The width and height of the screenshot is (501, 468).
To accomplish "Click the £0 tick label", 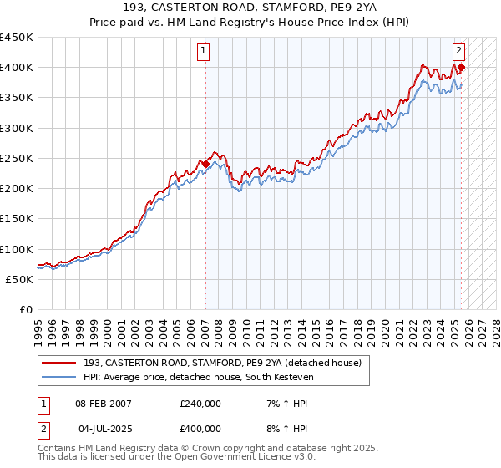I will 25,310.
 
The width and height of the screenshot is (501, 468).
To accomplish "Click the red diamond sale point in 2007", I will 205,164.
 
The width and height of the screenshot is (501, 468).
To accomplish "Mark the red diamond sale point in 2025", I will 461,68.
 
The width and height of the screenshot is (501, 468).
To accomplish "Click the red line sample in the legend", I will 59,363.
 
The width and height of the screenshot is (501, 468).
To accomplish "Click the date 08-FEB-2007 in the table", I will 104,404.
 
